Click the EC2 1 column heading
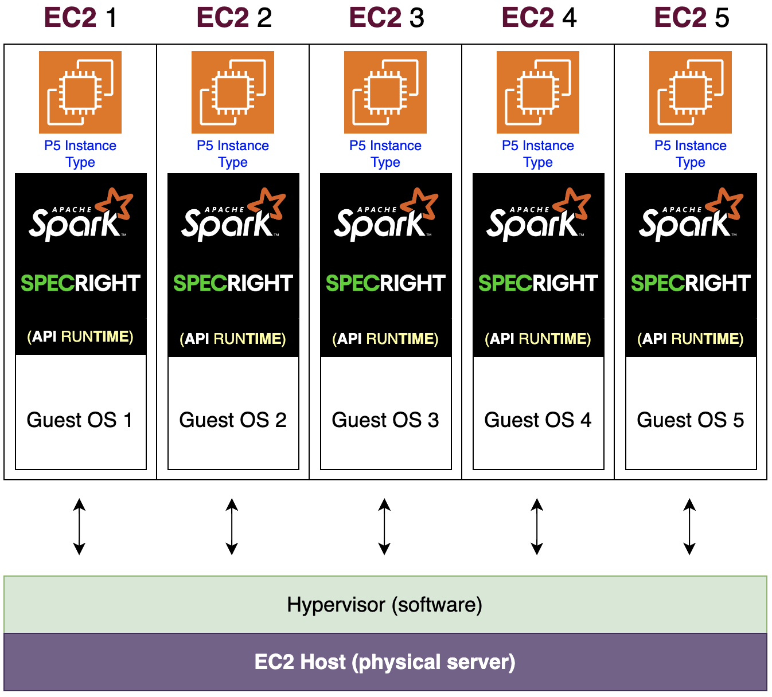tap(80, 18)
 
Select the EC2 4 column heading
tap(538, 18)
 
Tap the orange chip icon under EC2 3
tap(385, 92)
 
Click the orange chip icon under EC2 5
tap(691, 92)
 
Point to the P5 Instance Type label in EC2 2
tap(233, 154)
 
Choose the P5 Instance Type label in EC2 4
tap(538, 154)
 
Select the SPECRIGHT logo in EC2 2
tap(233, 283)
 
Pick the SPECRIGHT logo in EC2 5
tap(691, 283)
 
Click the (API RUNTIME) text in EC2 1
tap(80, 336)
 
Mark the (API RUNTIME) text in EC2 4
tap(538, 339)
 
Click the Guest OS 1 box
tap(80, 420)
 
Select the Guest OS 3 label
tap(385, 420)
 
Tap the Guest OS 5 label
tap(691, 420)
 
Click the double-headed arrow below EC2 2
tap(232, 527)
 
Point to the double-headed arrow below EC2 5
tap(689, 527)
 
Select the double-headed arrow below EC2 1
tap(79, 527)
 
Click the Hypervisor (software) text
tap(385, 605)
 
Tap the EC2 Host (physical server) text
tap(385, 662)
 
